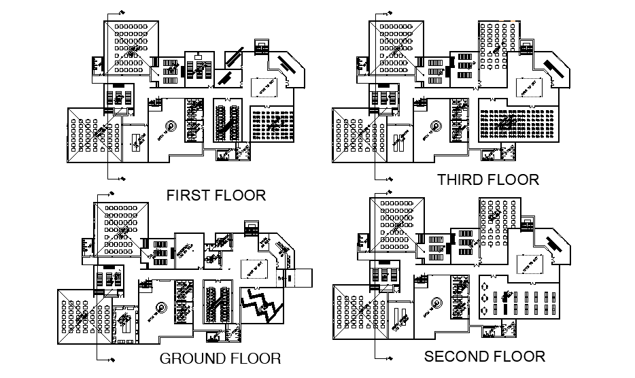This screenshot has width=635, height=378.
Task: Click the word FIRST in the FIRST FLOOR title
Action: coord(188,196)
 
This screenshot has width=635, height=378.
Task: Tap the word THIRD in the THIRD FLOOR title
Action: coord(462,180)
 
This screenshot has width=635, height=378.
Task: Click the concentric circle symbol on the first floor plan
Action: coord(170,127)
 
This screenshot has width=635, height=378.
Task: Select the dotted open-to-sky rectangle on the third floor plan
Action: coord(529,85)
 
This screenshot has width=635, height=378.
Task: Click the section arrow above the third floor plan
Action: coord(390,13)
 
